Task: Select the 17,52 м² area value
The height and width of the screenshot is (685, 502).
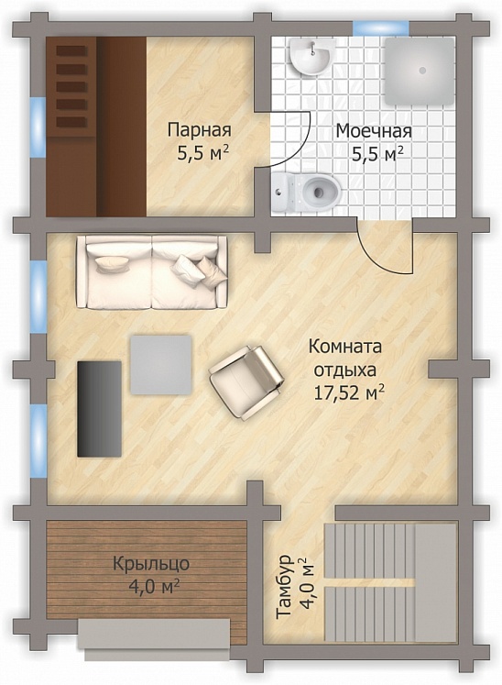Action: [x=347, y=392]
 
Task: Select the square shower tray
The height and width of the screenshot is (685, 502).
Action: [x=419, y=70]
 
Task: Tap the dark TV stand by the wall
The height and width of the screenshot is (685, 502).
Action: [x=99, y=408]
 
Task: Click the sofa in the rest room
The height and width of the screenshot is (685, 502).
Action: [x=152, y=272]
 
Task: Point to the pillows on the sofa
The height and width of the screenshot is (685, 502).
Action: [x=202, y=267]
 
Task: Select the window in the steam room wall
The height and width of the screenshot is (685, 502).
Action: [x=38, y=116]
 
